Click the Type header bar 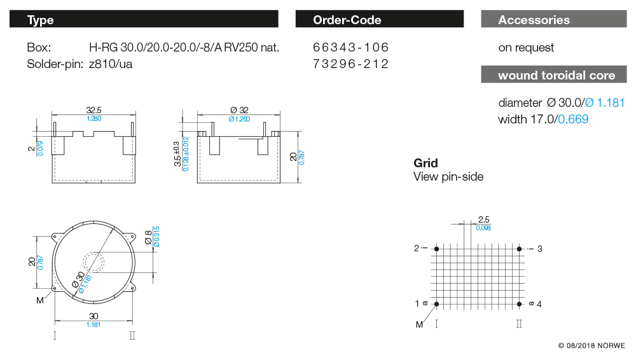pos(144,20)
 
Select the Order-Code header pos(379,20)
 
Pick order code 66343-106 pos(350,48)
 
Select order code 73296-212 pos(350,64)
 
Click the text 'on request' pos(526,48)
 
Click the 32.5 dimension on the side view pos(93,111)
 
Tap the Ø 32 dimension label pos(238,111)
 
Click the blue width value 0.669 pos(573,119)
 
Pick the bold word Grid pos(425,163)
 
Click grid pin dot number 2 pos(436,249)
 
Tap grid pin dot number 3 pos(520,249)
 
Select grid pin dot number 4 pos(520,304)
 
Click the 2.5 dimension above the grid pos(483,219)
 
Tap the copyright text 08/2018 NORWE pos(591,346)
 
